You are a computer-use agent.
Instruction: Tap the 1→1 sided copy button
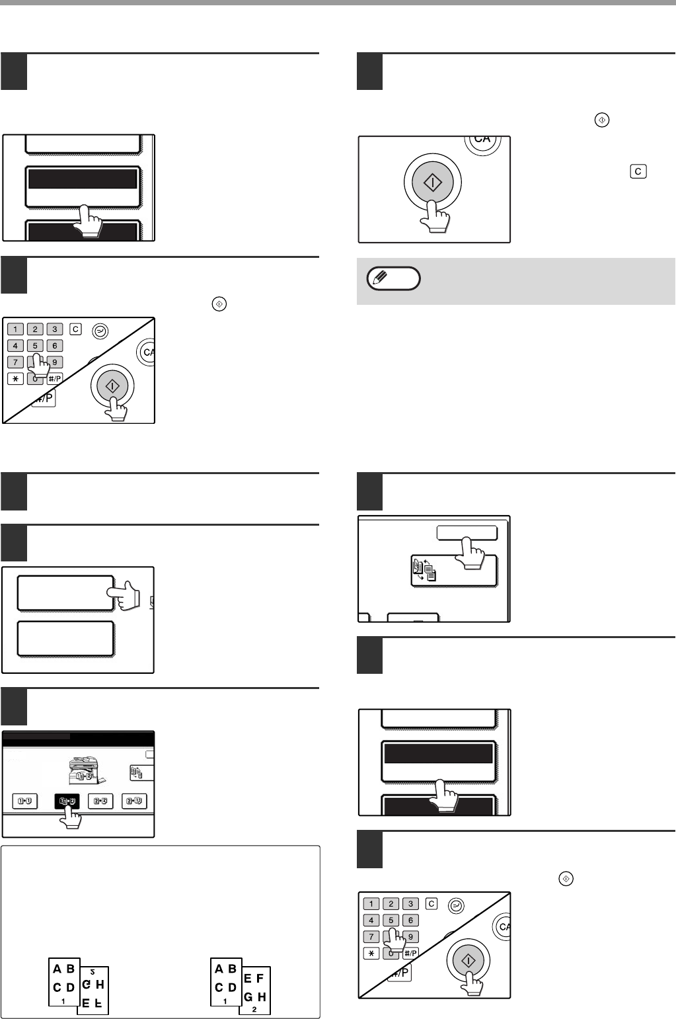tap(24, 801)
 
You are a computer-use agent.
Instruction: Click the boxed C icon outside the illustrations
tap(638, 171)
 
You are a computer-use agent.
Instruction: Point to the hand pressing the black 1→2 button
tap(70, 819)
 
